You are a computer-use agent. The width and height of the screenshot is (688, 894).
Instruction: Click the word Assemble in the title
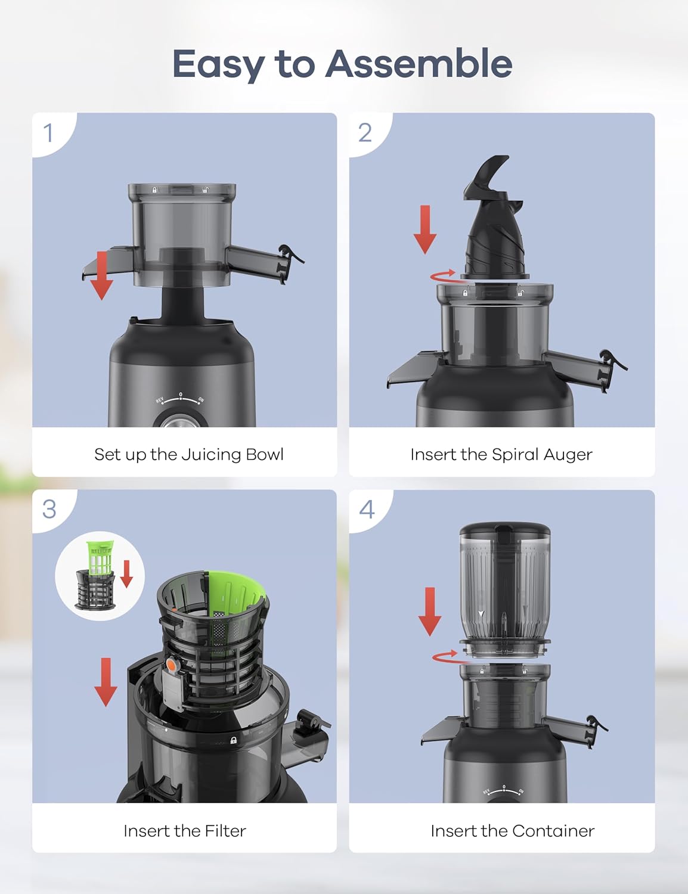click(x=419, y=63)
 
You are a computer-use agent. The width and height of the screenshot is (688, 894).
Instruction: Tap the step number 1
click(x=48, y=133)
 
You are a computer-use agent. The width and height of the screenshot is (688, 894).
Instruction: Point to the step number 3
click(x=49, y=509)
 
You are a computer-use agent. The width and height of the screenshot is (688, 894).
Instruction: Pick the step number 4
click(x=367, y=510)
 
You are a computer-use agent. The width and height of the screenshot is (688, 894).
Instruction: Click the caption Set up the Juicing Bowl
click(x=189, y=455)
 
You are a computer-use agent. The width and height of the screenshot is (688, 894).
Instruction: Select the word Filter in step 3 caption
click(x=225, y=831)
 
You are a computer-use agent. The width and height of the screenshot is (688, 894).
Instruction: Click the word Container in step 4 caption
click(x=553, y=831)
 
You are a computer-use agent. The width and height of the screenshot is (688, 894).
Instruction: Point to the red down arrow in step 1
click(x=101, y=275)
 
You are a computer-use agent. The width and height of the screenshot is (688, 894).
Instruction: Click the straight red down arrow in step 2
click(x=425, y=229)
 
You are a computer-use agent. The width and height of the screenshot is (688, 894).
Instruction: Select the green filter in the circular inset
click(x=99, y=558)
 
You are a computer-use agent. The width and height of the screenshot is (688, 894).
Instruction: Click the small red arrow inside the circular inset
click(x=127, y=573)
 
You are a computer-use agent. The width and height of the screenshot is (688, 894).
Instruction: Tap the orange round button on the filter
click(x=171, y=665)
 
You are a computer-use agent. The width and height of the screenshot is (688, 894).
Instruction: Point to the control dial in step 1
click(x=179, y=422)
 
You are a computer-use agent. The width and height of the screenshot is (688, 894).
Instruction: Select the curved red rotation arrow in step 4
click(x=445, y=655)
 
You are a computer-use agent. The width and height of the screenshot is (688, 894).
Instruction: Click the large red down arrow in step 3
click(x=106, y=682)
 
